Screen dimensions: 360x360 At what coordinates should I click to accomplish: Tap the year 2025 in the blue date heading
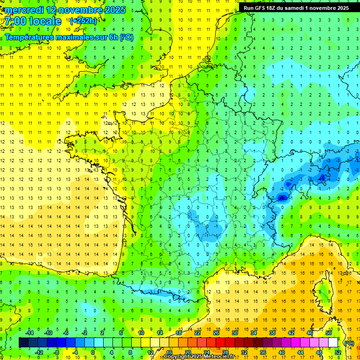112,10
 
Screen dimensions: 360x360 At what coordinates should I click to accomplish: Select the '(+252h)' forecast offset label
83,21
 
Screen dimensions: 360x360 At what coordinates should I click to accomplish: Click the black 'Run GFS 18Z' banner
296,7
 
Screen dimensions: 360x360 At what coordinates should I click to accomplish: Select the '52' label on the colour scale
338,352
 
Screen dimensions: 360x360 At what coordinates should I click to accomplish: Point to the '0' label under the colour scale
93,352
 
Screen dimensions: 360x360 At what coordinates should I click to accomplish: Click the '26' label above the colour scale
216,333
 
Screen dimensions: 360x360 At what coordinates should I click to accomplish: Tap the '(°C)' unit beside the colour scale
349,343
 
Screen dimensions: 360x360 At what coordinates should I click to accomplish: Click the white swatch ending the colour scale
333,343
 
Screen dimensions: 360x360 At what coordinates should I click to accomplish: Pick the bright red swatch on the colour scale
220,343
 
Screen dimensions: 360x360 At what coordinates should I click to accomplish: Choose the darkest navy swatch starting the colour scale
23,343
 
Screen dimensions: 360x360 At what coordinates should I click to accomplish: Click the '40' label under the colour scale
282,352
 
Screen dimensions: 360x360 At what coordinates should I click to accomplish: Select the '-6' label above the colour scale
66,333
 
